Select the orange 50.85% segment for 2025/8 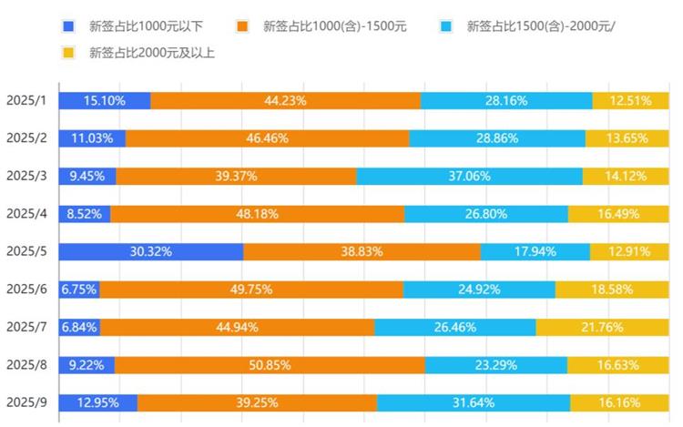(x=270, y=365)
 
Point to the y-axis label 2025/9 (x=25, y=402)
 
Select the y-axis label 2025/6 (x=25, y=290)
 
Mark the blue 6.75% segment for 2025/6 (x=79, y=290)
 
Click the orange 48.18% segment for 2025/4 (x=258, y=214)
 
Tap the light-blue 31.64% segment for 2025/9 (x=474, y=402)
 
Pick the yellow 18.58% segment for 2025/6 (x=612, y=290)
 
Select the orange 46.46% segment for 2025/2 (x=268, y=138)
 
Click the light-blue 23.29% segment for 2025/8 (x=495, y=365)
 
